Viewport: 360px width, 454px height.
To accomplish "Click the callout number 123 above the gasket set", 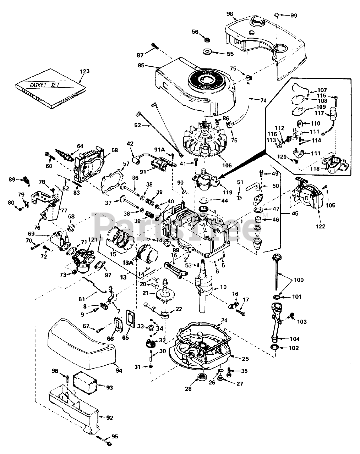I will coord(84,71).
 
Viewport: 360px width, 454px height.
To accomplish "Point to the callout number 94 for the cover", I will coord(119,371).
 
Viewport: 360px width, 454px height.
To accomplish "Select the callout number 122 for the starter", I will coord(320,227).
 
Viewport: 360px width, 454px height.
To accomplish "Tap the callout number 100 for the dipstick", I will coord(299,280).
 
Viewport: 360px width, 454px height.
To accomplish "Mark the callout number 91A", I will coord(159,149).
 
